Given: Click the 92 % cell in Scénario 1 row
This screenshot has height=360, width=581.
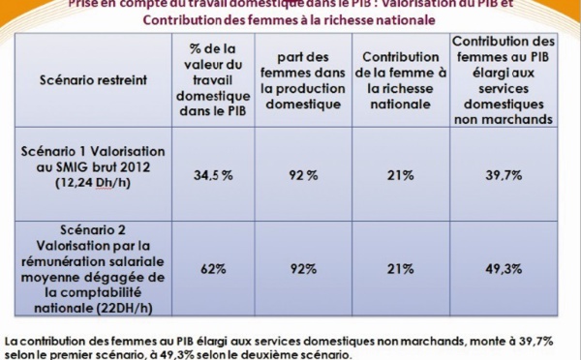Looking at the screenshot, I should click(x=303, y=175).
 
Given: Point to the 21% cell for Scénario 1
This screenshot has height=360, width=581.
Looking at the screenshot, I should click(x=400, y=175).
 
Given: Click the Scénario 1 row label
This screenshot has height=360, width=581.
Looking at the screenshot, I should click(x=90, y=166).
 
